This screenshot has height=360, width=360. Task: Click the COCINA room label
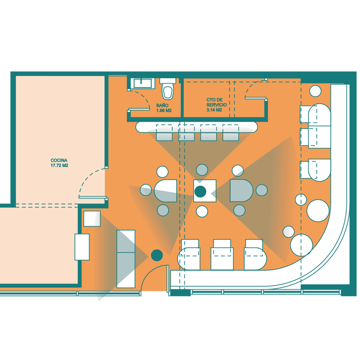pyautogui.click(x=59, y=160)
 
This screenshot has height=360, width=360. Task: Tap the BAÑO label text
pyautogui.click(x=162, y=105)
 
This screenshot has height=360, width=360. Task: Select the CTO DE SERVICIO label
pyautogui.click(x=217, y=103)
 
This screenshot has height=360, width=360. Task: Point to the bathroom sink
pyautogui.click(x=142, y=83)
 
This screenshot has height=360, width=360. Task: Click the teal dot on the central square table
pyautogui.click(x=201, y=191)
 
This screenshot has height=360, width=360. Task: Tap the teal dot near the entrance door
pyautogui.click(x=157, y=255)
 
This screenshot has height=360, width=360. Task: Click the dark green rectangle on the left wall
pyautogui.click(x=82, y=247)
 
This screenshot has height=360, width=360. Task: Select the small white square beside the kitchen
pyautogui.click(x=91, y=219)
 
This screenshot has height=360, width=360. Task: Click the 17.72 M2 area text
pyautogui.click(x=59, y=165)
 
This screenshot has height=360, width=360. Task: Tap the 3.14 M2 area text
pyautogui.click(x=214, y=110)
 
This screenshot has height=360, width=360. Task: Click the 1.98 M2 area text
pyautogui.click(x=164, y=111)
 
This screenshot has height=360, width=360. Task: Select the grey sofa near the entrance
pyautogui.click(x=125, y=259)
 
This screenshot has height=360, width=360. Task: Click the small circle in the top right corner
pyautogui.click(x=315, y=91)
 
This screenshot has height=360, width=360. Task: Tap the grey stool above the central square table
pyautogui.click(x=202, y=170)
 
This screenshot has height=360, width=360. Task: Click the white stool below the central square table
pyautogui.click(x=202, y=211)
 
